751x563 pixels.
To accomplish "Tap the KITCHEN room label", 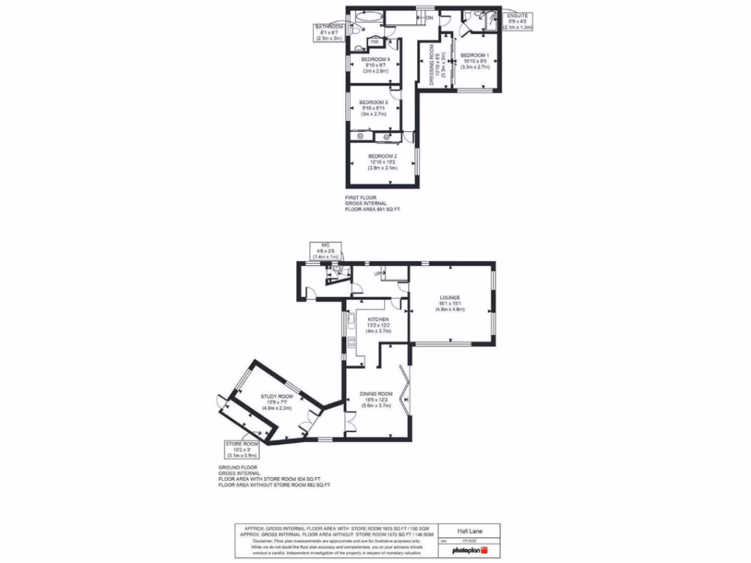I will click(378, 320).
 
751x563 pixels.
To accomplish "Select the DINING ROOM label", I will click(375, 394).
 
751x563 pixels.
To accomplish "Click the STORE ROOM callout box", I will click(242, 448).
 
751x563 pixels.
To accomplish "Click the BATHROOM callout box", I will click(329, 33).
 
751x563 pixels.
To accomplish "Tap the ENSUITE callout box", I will click(519, 21).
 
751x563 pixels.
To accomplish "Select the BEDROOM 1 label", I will click(475, 56).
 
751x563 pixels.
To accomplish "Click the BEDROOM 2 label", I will click(382, 156).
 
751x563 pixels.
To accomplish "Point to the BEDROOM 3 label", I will click(374, 102).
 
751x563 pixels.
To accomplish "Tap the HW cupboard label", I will click(374, 41).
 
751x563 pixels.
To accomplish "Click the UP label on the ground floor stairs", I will click(378, 274).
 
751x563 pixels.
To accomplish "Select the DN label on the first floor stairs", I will click(430, 18).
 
